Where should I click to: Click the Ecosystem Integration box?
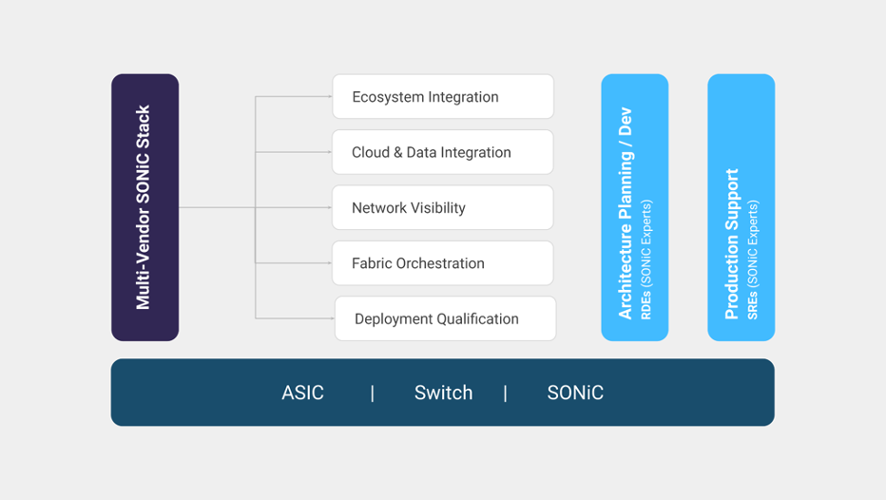(443, 97)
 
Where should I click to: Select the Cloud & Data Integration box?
(443, 152)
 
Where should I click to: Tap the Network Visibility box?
(443, 207)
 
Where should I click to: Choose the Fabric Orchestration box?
(443, 262)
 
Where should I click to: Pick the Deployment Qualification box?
(445, 318)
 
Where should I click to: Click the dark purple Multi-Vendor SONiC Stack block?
(145, 207)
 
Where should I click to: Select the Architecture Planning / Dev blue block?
(634, 207)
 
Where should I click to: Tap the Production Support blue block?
(741, 207)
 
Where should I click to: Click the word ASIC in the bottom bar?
(303, 393)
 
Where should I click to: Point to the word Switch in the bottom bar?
(444, 393)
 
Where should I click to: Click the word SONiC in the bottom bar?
(575, 393)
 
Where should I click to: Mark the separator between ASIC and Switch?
(373, 394)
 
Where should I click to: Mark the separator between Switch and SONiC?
(505, 394)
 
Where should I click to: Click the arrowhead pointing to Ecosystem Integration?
(330, 97)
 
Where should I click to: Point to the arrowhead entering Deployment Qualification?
(333, 318)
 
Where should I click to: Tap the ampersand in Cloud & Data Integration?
(397, 152)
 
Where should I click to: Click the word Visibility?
(438, 208)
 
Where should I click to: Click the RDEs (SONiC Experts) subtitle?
(645, 260)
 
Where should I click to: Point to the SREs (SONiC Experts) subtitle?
(753, 260)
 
